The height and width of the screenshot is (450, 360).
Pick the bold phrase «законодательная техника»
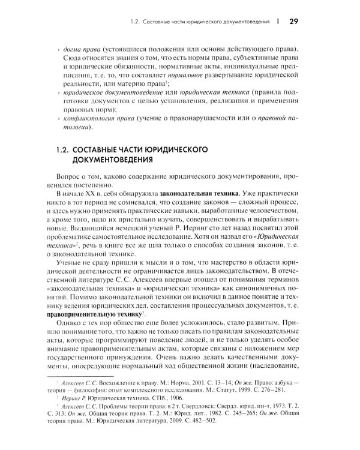[194, 195]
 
